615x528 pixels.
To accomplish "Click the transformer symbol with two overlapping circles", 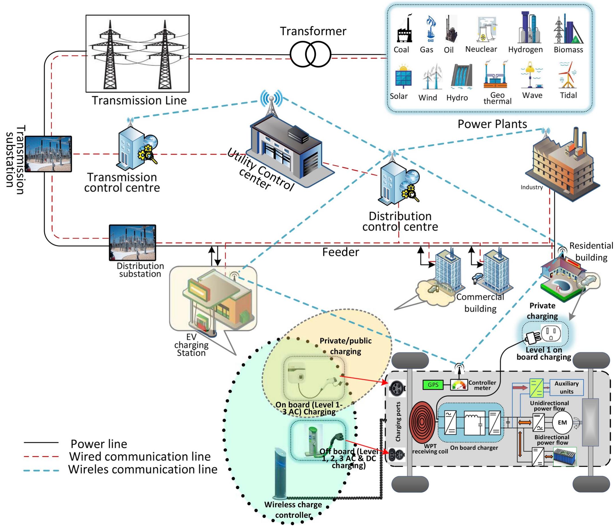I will (310, 55).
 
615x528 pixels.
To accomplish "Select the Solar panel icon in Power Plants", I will (403, 76).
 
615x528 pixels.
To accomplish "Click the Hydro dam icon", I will (461, 76).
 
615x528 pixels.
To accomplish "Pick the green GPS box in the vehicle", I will (433, 385).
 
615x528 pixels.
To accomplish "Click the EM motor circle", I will (562, 422).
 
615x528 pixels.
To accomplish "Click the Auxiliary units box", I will (566, 388).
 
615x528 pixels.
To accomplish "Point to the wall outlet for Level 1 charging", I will (551, 333).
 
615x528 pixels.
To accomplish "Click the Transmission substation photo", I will (48, 154).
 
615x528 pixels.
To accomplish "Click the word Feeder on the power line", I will (340, 252).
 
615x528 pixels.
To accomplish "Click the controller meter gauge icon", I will (459, 385).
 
